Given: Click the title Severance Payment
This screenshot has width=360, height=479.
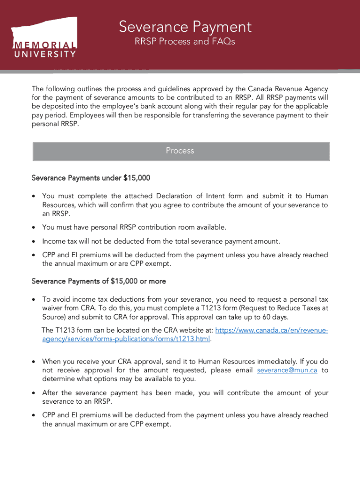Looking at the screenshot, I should (185, 27).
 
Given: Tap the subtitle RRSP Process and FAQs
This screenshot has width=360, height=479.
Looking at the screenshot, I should (185, 42).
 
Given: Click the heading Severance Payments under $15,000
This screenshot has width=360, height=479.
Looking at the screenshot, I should (91, 178).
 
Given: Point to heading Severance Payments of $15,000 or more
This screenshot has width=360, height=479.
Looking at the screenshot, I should (99, 281).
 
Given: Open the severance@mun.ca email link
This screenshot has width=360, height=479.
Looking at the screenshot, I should (287, 370).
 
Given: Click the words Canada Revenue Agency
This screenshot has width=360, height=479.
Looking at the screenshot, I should (288, 89).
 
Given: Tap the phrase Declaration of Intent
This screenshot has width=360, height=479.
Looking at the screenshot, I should (198, 196).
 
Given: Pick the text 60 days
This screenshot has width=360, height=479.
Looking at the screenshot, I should (275, 317).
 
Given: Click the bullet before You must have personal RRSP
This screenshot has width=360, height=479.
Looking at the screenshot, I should (34, 228).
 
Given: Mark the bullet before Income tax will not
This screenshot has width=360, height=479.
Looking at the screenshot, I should (34, 242).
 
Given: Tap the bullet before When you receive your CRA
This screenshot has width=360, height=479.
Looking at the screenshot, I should (34, 362).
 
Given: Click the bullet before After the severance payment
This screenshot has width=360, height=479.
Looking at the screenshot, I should (34, 393).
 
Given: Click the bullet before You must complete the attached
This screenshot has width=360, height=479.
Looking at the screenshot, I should (34, 196).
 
